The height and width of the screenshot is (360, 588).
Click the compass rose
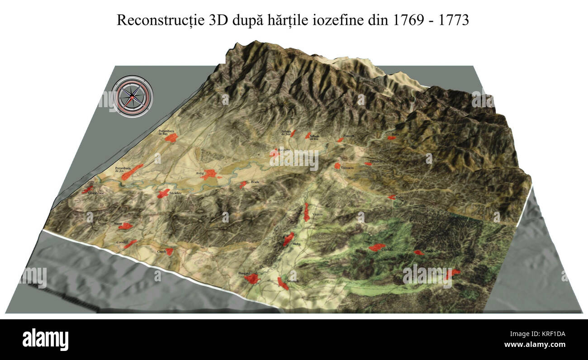pos(132,96)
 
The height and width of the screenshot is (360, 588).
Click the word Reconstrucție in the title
pos(154,21)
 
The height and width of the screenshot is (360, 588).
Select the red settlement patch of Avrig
pos(209,174)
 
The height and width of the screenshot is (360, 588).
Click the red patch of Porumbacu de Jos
pos(132,172)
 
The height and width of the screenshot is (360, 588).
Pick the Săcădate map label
pos(175,193)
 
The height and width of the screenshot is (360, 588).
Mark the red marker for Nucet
pos(125,226)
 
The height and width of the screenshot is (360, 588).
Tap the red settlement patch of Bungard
pos(251,279)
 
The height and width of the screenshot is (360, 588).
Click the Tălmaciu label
pos(348,168)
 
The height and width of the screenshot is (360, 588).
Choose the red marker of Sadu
pos(391,197)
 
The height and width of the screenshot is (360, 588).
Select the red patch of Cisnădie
pos(376,247)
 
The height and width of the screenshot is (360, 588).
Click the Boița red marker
pos(391,137)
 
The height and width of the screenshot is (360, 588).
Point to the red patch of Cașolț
pos(169,251)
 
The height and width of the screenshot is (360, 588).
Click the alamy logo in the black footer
pos(45,339)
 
